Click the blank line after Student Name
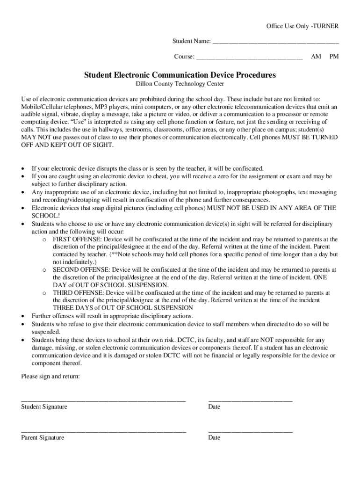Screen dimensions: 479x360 point(275,43)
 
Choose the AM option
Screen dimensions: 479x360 point(316,57)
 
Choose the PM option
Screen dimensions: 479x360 point(334,57)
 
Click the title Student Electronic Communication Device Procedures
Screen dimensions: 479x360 point(180,75)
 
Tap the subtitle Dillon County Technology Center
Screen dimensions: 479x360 point(180,84)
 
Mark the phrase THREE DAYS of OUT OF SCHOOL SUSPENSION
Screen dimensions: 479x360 point(123,308)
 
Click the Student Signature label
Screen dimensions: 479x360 point(44,407)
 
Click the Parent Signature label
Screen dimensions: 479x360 point(43,438)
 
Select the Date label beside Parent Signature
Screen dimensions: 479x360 point(214,438)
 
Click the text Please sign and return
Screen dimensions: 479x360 point(50,376)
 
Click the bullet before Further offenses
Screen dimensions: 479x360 point(23,316)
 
